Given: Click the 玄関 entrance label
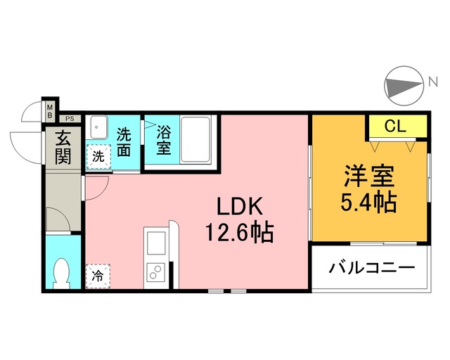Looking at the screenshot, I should point(64,147).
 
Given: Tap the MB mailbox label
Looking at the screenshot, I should point(51,110).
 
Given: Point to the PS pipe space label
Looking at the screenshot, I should point(71,120).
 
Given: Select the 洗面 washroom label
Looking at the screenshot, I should point(124,141).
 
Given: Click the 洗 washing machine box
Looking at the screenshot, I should point(98,155).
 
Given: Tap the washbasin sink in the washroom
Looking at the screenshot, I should point(98,127).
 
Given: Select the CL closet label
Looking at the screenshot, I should point(396,127).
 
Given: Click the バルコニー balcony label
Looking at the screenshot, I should point(372,269).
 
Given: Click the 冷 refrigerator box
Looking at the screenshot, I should point(98,276).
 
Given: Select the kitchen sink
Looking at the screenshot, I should point(154,242).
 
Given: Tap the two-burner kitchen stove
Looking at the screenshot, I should point(154,273).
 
